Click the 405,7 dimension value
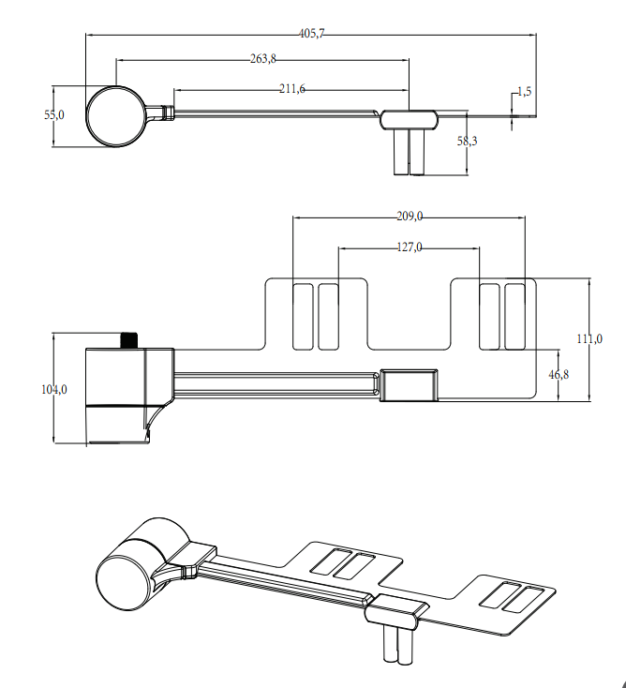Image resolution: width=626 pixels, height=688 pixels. point(312,34)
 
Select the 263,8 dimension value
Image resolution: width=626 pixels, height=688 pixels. point(263,59)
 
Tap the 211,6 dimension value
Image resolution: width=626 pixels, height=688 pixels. point(292,89)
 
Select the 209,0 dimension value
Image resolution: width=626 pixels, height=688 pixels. point(409,217)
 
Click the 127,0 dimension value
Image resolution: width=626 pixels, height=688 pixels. point(409,247)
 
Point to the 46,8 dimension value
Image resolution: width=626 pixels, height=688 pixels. point(559,375)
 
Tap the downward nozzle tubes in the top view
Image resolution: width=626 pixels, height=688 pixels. point(409,152)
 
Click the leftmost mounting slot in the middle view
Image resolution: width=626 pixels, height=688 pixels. point(303,316)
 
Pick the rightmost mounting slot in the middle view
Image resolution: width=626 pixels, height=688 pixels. point(514,316)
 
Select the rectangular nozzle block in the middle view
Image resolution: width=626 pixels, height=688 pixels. point(410,384)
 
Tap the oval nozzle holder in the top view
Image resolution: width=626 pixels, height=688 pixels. point(409,118)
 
